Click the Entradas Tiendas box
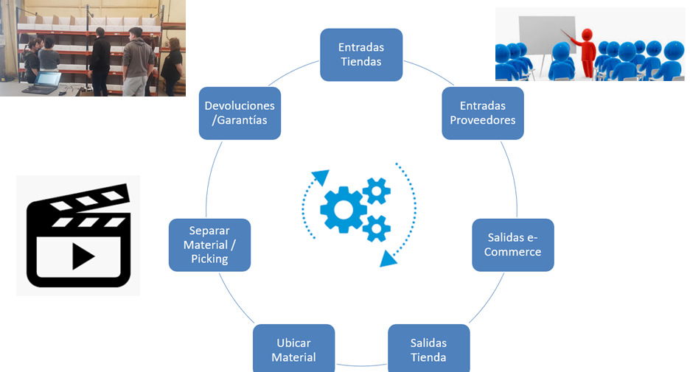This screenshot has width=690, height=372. pyautogui.click(x=361, y=55)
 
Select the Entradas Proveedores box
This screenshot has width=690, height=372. pyautogui.click(x=483, y=113)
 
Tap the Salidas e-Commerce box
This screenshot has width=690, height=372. pyautogui.click(x=513, y=245)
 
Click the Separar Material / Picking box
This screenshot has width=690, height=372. pyautogui.click(x=209, y=245)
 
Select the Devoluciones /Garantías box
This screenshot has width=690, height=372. pyautogui.click(x=240, y=113)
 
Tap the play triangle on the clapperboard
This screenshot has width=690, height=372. pyautogui.click(x=83, y=255)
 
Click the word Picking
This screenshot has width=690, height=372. pyautogui.click(x=209, y=259)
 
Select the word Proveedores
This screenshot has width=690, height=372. pyautogui.click(x=483, y=120)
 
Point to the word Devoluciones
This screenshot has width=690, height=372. pyautogui.click(x=240, y=106)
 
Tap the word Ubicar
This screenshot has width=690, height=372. pyautogui.click(x=293, y=343)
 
